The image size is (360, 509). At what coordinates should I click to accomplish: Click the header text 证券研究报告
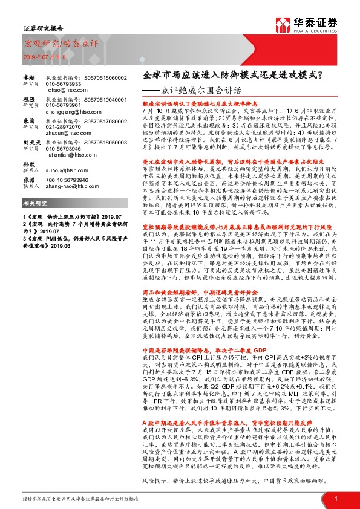point(41,28)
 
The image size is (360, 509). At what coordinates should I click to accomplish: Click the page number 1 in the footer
point(335,498)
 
